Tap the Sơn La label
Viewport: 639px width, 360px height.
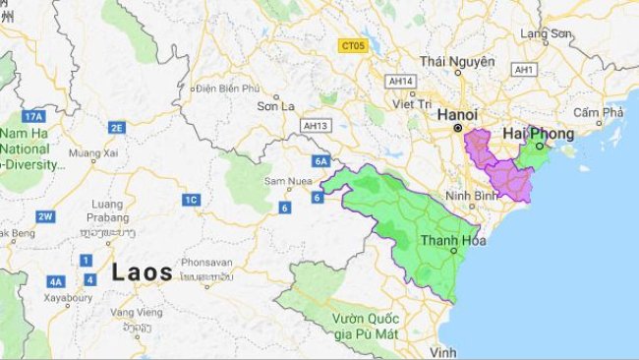point(275,106)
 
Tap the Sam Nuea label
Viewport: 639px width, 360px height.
point(288,182)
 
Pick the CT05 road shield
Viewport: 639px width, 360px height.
point(351,45)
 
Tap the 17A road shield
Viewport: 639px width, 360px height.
point(34,116)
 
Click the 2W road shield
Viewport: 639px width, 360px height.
point(44,215)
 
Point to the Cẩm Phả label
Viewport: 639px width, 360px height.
point(599,111)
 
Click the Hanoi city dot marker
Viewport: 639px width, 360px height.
point(457,128)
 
